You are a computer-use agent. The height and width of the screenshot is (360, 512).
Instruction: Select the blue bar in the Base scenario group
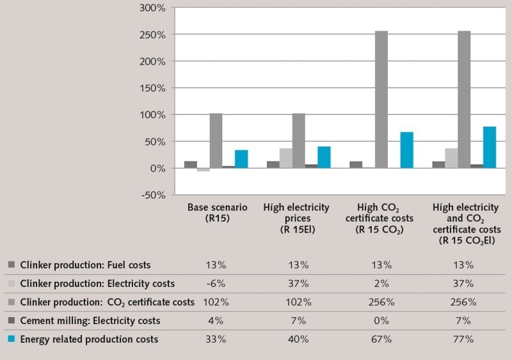click(241, 159)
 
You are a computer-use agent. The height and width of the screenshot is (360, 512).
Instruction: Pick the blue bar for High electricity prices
click(324, 157)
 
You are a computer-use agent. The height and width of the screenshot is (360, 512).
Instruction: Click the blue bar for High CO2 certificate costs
click(406, 150)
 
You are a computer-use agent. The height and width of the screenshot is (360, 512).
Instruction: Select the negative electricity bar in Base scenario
click(204, 170)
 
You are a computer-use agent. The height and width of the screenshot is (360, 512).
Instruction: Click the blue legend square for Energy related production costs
click(11, 339)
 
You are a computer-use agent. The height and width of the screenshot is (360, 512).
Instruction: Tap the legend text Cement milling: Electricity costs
click(90, 320)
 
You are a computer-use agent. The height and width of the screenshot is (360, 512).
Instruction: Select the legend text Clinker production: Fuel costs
click(86, 265)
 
